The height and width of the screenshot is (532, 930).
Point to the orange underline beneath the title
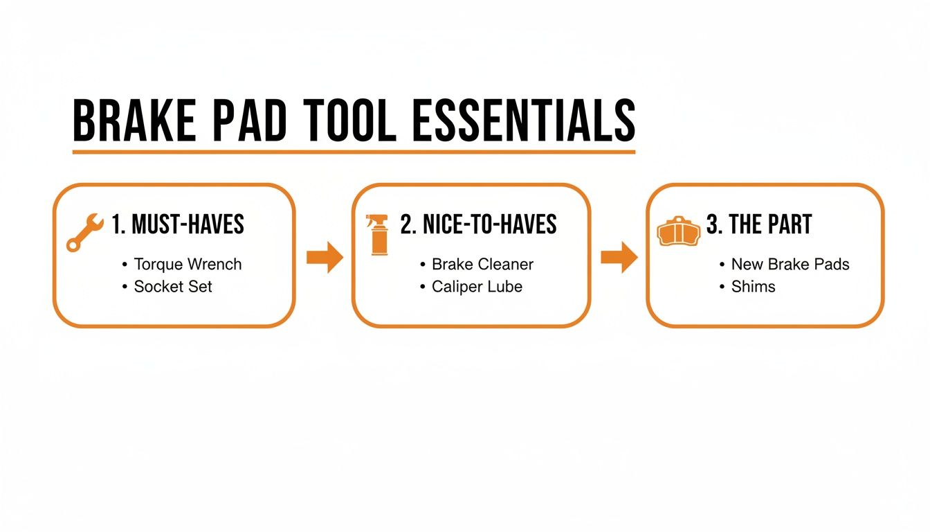[354, 150]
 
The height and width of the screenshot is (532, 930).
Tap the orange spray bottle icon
[379, 234]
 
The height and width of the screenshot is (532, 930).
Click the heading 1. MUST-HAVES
[178, 224]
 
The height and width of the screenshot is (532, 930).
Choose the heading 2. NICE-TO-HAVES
[478, 224]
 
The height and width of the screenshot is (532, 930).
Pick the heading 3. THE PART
[758, 224]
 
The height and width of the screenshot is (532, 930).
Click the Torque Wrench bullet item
[188, 264]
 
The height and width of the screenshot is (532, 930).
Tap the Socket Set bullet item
[173, 286]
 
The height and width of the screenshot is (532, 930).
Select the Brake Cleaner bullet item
[482, 264]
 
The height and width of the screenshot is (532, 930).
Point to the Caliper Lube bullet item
[477, 286]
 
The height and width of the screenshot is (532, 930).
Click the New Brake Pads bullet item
[790, 264]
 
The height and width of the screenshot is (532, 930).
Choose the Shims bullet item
[753, 286]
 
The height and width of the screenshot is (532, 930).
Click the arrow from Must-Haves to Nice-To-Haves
[325, 258]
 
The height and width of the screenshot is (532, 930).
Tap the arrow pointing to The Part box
[619, 258]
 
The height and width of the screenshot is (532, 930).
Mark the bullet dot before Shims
[722, 287]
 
